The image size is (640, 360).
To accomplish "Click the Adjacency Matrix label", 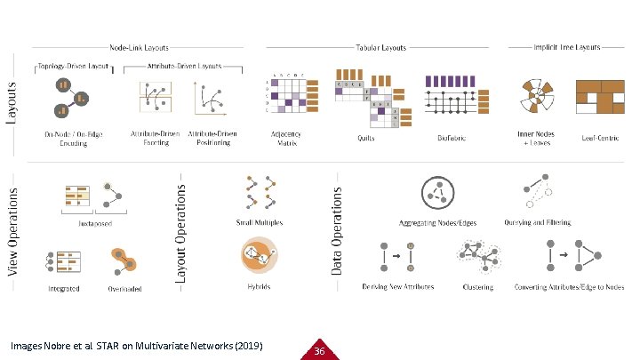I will click(x=286, y=137).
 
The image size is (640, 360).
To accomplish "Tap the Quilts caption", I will click(x=367, y=139).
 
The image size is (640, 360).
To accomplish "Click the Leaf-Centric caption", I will click(x=599, y=139).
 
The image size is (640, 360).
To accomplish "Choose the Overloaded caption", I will click(x=126, y=288).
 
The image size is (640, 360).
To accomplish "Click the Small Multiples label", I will click(x=260, y=222).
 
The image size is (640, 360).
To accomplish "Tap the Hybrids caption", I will click(x=260, y=287).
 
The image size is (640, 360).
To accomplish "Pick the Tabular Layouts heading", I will click(x=381, y=46).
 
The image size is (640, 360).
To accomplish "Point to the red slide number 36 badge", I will click(x=320, y=350).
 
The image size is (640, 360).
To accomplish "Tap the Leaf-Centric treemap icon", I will click(x=600, y=98).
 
